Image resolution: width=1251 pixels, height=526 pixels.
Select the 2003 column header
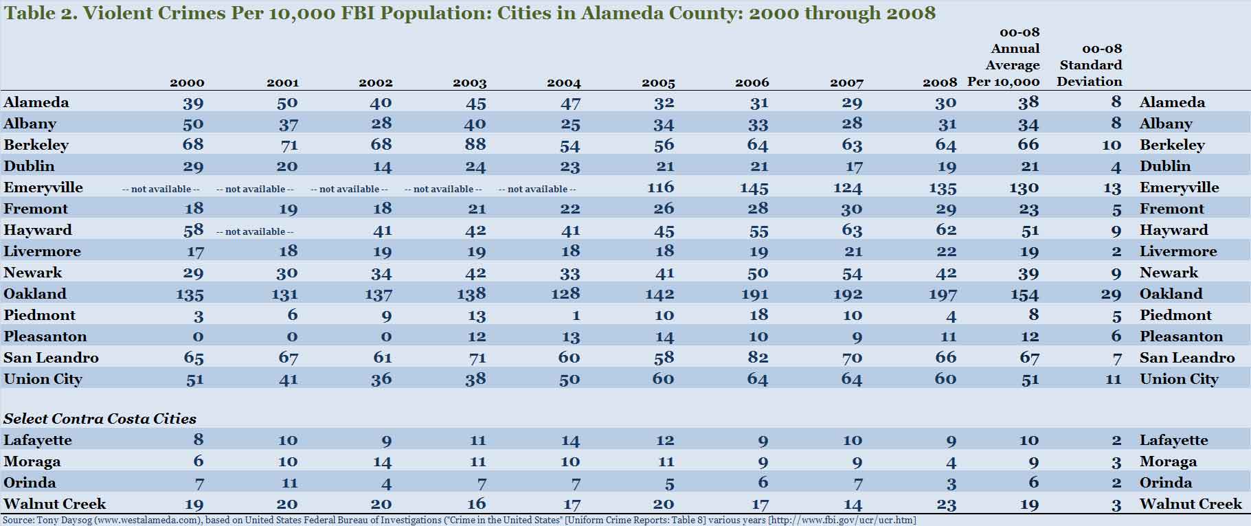(469, 83)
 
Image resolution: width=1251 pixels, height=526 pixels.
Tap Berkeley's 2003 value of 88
(475, 145)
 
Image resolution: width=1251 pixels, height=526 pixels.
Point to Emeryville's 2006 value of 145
(754, 187)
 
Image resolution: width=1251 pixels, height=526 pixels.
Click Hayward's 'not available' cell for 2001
(255, 231)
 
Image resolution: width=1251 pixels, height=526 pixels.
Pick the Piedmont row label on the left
(39, 315)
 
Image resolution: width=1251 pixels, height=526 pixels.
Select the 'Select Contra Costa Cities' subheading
(100, 419)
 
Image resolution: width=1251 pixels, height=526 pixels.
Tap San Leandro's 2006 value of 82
(758, 358)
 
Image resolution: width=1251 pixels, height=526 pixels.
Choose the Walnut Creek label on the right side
(1190, 504)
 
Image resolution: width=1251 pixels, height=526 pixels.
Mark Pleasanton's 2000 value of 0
(198, 336)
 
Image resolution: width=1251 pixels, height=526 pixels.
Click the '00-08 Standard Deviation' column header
(1091, 65)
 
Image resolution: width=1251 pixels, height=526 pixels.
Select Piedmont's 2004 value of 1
(576, 315)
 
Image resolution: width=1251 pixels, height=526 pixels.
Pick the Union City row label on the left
(43, 379)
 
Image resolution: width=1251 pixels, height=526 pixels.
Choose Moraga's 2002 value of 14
(381, 461)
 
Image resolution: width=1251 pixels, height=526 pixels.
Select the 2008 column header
(939, 83)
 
